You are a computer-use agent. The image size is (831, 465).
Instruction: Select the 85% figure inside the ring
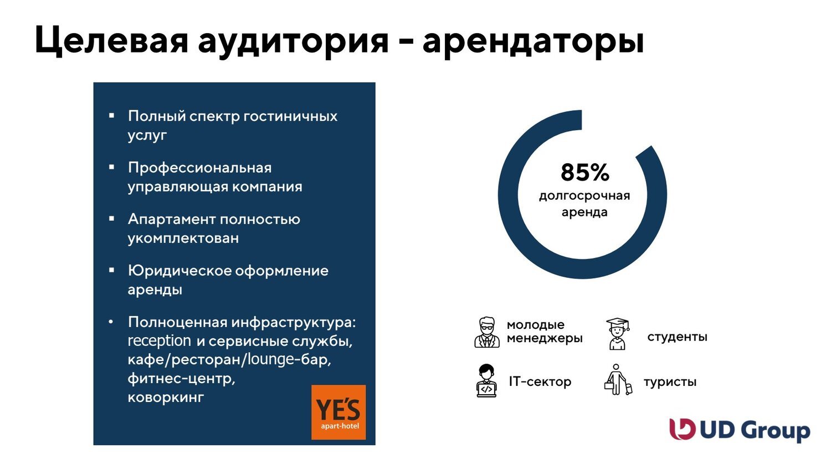tap(584, 172)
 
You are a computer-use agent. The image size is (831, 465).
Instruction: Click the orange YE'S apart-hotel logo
tap(338, 412)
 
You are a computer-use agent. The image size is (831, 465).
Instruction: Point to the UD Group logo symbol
tap(682, 429)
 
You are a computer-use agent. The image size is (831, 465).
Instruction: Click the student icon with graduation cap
tap(617, 334)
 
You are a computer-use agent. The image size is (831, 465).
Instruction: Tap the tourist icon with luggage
tap(618, 379)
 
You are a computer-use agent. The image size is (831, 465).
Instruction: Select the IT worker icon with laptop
tap(486, 380)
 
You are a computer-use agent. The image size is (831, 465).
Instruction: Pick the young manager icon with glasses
tap(487, 332)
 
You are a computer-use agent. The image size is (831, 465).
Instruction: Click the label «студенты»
tap(677, 337)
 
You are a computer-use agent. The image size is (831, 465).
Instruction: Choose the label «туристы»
tap(670, 382)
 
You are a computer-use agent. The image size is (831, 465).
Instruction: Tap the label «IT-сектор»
tap(540, 381)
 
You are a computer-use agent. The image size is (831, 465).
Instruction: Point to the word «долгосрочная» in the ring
tap(584, 196)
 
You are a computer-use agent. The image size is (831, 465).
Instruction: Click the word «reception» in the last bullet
tap(159, 341)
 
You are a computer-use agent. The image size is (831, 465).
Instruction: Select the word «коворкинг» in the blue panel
tap(166, 397)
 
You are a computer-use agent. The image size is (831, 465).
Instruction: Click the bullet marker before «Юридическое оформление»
tap(111, 270)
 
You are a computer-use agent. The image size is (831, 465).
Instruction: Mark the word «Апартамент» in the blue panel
tap(171, 220)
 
